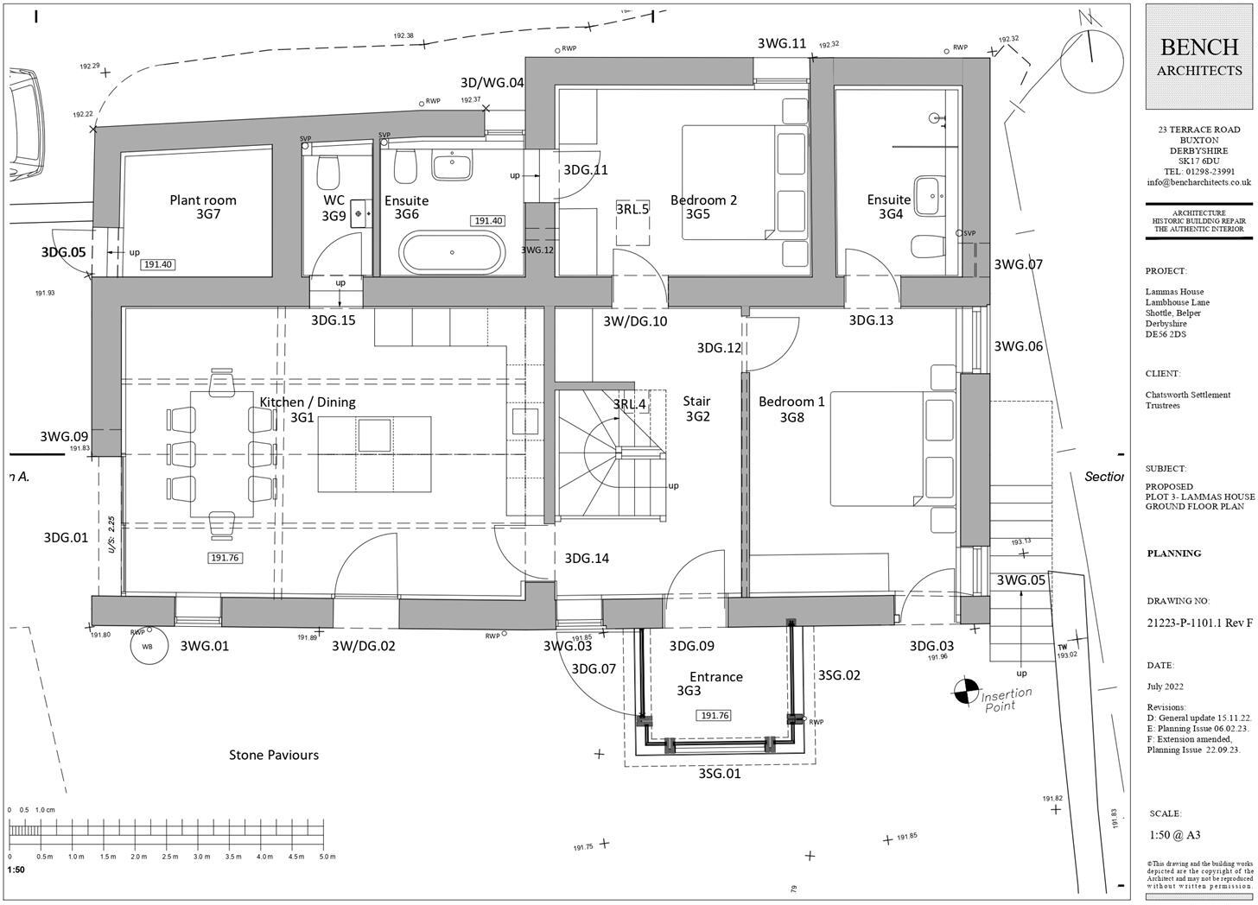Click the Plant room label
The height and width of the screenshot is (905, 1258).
coord(203,200)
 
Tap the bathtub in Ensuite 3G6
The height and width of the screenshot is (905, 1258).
coord(452,252)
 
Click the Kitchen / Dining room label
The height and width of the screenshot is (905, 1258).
coord(308,402)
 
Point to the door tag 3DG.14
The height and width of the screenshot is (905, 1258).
coord(587,559)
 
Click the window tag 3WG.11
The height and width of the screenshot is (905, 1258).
coord(781,44)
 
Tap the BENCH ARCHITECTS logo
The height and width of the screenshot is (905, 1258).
coord(1199,57)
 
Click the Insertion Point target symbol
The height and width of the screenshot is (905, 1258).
coord(964,691)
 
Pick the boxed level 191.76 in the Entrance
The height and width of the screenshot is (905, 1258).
coord(715,716)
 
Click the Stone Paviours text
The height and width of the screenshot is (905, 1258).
coord(274,756)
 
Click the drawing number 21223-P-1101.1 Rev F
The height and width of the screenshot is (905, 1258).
coord(1199,623)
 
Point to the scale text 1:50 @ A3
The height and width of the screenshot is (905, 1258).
coord(1175,835)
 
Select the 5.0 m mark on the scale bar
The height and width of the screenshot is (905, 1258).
coord(327,857)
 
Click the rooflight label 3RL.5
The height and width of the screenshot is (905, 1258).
coord(632,209)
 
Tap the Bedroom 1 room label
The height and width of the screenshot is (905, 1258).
coord(791,402)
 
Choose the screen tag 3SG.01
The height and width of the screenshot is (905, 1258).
coord(720,774)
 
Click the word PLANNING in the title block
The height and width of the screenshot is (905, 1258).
coord(1174,554)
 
